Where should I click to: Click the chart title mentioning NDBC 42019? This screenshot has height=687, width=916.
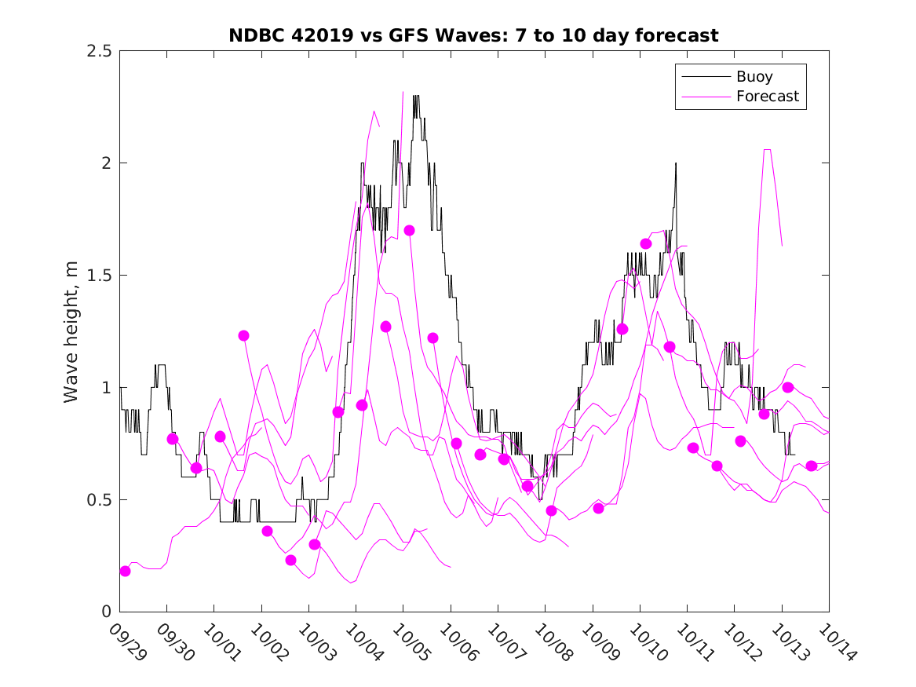click(x=473, y=35)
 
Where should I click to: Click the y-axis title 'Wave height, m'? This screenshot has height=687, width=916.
click(x=71, y=331)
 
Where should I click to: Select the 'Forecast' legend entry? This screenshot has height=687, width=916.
click(x=767, y=97)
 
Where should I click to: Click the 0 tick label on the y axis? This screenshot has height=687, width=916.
click(x=106, y=612)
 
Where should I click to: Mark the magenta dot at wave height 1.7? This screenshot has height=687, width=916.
click(x=409, y=230)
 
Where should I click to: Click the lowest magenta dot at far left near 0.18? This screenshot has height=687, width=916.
click(x=125, y=571)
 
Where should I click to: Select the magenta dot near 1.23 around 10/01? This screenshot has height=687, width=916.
click(x=243, y=335)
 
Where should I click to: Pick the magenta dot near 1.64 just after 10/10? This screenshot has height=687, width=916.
click(x=646, y=243)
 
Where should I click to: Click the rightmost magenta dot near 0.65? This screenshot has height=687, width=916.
click(x=812, y=466)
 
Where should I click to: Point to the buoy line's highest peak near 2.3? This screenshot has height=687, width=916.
click(x=416, y=97)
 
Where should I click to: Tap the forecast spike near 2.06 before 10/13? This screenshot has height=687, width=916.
click(x=767, y=149)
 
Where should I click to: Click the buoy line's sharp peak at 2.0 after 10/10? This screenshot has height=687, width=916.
click(x=675, y=163)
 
